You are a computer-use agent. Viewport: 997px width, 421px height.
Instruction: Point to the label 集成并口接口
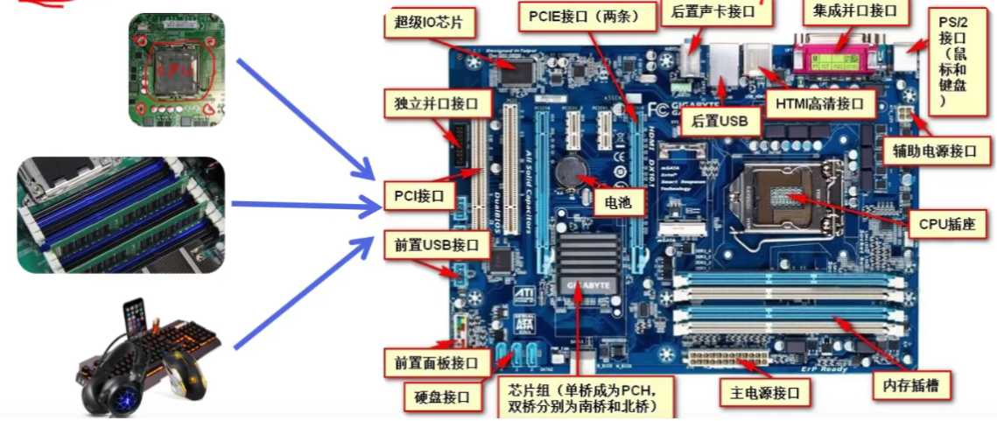click(x=854, y=11)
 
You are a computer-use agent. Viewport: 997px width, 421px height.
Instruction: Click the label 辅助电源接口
click(x=935, y=150)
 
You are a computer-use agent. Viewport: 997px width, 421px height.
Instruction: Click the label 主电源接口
click(x=759, y=393)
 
